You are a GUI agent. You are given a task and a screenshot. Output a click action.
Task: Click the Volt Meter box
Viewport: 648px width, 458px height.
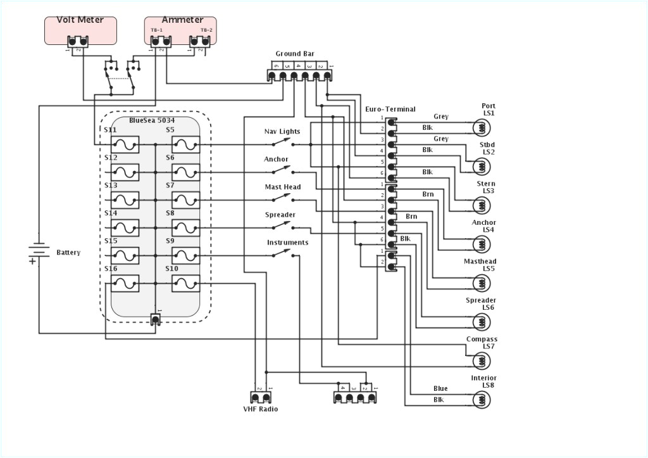coord(80,30)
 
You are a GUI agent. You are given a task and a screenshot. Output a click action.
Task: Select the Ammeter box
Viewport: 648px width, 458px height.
coord(180,30)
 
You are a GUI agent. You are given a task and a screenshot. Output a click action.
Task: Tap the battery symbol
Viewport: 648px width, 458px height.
coord(38,252)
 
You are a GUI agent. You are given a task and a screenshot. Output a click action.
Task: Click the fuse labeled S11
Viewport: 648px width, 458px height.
coord(125,144)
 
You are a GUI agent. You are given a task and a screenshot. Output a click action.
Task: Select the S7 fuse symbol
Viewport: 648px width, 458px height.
coord(185,200)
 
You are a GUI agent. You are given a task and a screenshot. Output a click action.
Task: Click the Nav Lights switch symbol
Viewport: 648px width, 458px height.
coord(282,144)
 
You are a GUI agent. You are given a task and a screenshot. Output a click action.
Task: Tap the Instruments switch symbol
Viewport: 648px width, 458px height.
coord(282,255)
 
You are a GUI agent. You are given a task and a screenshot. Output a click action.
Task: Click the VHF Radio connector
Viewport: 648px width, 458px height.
coord(261,398)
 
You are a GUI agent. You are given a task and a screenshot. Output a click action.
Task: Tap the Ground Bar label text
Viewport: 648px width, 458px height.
coord(294,54)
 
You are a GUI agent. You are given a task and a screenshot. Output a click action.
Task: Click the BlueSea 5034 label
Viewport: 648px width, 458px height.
coord(152,120)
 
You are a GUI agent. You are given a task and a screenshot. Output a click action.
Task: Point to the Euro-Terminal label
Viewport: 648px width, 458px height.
coord(390,110)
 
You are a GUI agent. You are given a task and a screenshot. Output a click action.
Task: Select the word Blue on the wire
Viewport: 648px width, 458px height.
coord(440,389)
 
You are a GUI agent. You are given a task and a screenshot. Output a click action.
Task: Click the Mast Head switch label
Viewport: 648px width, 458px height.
coord(282,188)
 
